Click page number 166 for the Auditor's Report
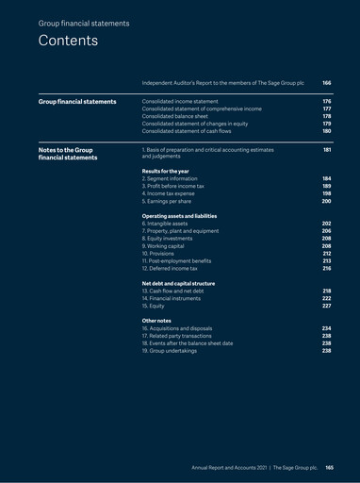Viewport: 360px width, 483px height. coord(326,83)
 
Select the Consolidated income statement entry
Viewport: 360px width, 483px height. coord(180,101)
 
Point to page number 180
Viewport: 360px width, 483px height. coord(326,131)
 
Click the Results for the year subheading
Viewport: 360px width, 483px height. coord(161,171)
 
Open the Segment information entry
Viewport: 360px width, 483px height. coord(170,178)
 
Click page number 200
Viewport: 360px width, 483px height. coord(326,201)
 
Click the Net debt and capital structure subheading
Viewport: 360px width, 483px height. coord(178,284)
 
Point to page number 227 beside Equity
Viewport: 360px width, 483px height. coord(326,307)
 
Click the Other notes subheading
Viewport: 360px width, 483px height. coord(155,321)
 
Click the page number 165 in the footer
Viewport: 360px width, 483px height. coord(330,467)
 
